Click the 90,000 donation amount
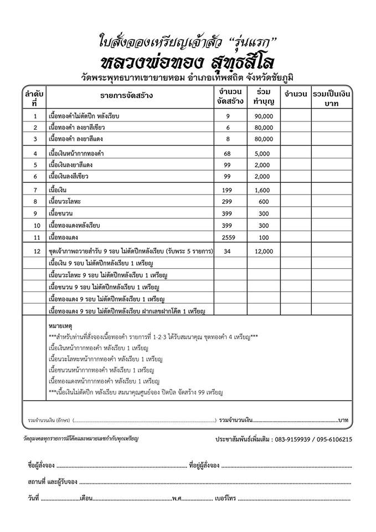[x=264, y=116]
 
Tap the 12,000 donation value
[x=264, y=252]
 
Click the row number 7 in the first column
[x=35, y=190]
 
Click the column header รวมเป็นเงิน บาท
[x=333, y=97]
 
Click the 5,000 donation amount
[x=264, y=153]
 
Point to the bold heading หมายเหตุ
[x=60, y=320]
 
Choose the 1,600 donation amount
[x=264, y=190]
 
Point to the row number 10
[x=35, y=226]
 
